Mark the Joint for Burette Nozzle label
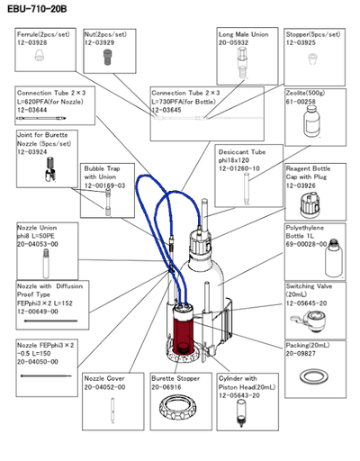[x=45, y=139]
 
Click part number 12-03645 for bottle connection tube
[x=171, y=110]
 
